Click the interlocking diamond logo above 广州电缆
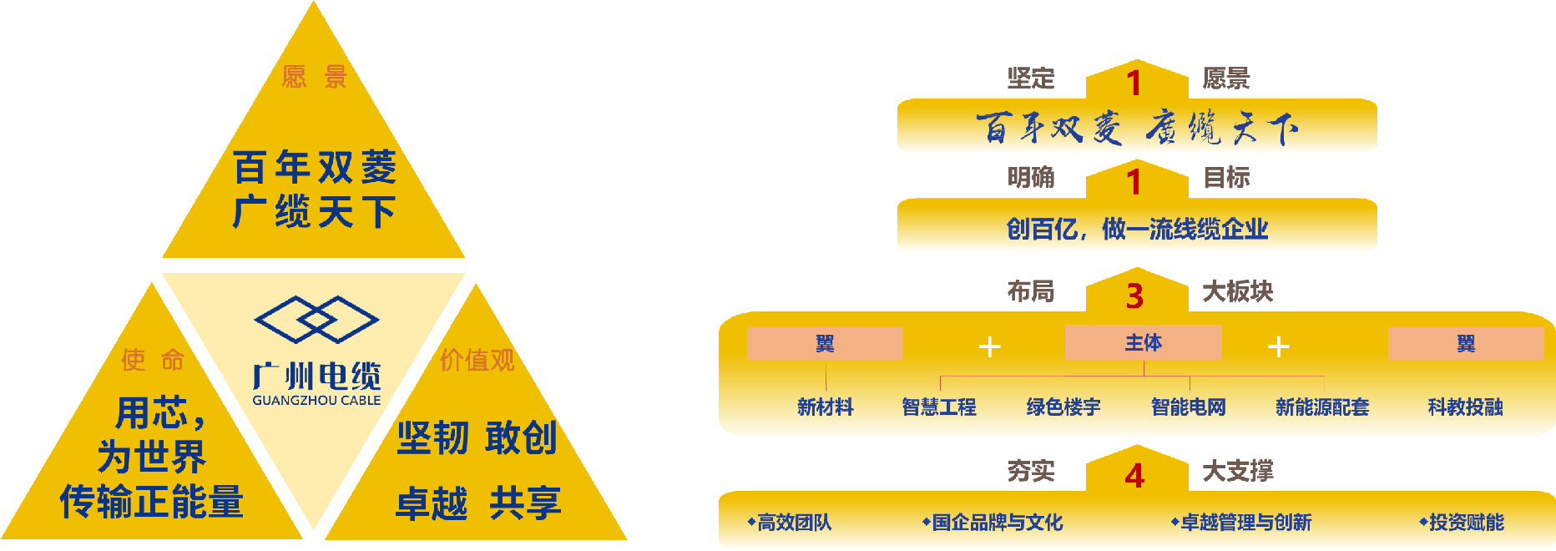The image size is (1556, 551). coord(316,319)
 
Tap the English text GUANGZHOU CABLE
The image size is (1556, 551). coord(316,401)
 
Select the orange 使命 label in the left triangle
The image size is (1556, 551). coord(153,360)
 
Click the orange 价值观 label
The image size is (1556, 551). coord(477,360)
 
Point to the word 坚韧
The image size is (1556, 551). coord(432,438)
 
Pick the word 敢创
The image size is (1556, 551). coord(521,438)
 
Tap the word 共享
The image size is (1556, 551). coord(525,503)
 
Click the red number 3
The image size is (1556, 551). coord(1134,296)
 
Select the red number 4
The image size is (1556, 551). coord(1134,476)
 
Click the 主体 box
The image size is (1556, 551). coord(1143,343)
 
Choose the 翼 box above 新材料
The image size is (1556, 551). coord(825,344)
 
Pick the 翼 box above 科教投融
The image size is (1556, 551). coord(1465,344)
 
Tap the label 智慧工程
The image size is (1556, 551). coord(939,407)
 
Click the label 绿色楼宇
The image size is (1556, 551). coord(1063,407)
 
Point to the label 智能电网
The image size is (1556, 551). coord(1189,407)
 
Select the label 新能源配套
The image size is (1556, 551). coord(1322,407)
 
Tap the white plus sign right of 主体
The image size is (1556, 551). coord(1279,346)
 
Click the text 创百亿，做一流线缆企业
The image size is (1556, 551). coord(1137,229)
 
